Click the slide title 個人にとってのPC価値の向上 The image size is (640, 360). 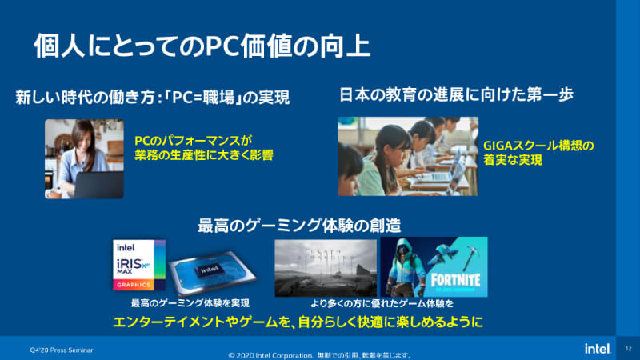click(x=202, y=46)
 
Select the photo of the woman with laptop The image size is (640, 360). click(x=84, y=158)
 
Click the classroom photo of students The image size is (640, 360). click(x=407, y=157)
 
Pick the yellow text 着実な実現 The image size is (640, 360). click(x=513, y=160)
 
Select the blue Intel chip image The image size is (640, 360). click(x=210, y=273)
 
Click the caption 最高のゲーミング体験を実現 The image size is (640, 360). click(x=190, y=304)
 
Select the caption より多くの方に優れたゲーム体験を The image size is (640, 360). click(x=382, y=304)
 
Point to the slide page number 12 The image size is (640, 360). click(x=628, y=349)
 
